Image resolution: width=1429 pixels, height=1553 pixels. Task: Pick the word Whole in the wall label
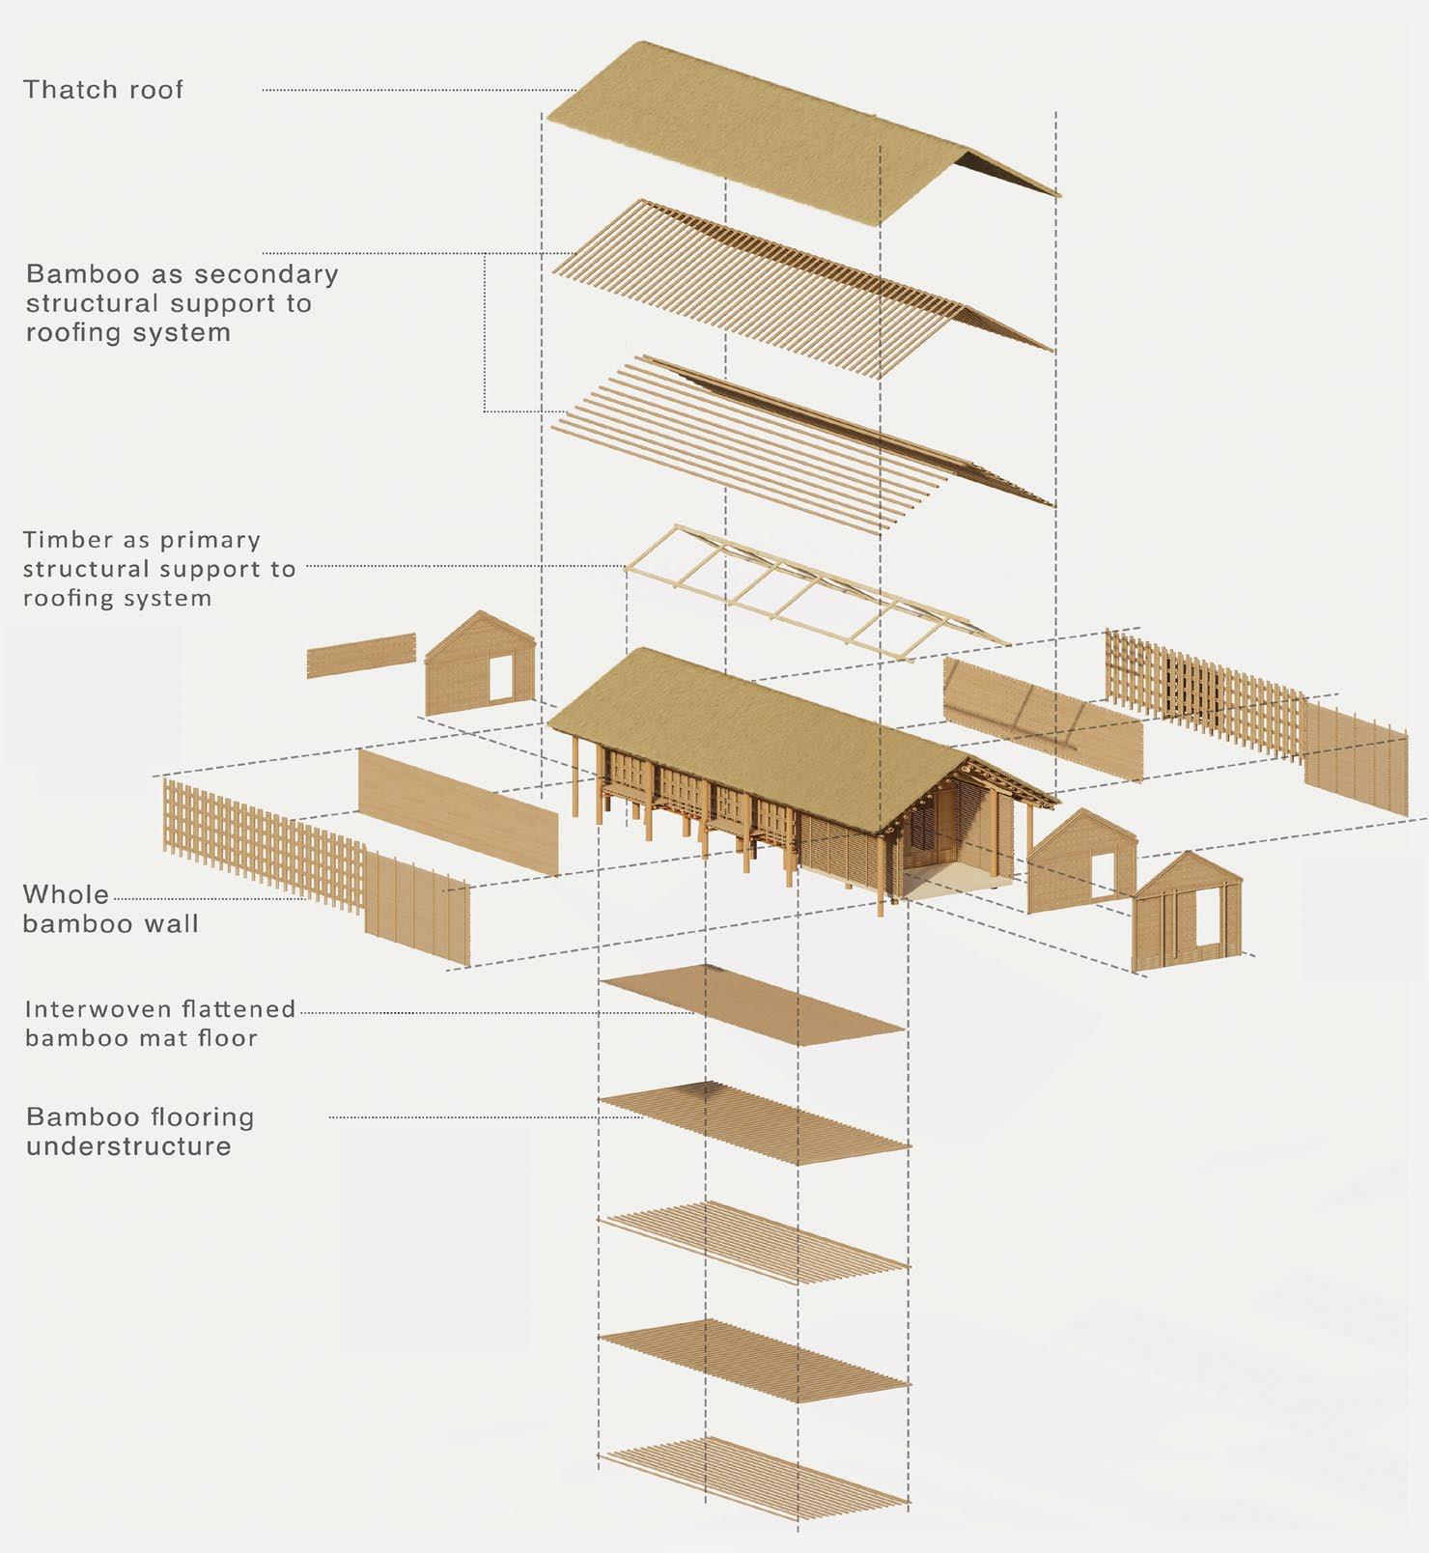[x=66, y=894]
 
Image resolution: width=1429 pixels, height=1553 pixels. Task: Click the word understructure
[x=128, y=1146]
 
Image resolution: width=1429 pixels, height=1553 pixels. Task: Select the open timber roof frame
[x=811, y=589]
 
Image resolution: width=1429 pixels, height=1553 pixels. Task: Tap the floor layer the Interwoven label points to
[x=753, y=1004]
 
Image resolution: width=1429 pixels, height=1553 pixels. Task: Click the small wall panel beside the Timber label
[x=361, y=656]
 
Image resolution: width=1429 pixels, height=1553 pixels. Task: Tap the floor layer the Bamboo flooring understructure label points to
[x=753, y=1120]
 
